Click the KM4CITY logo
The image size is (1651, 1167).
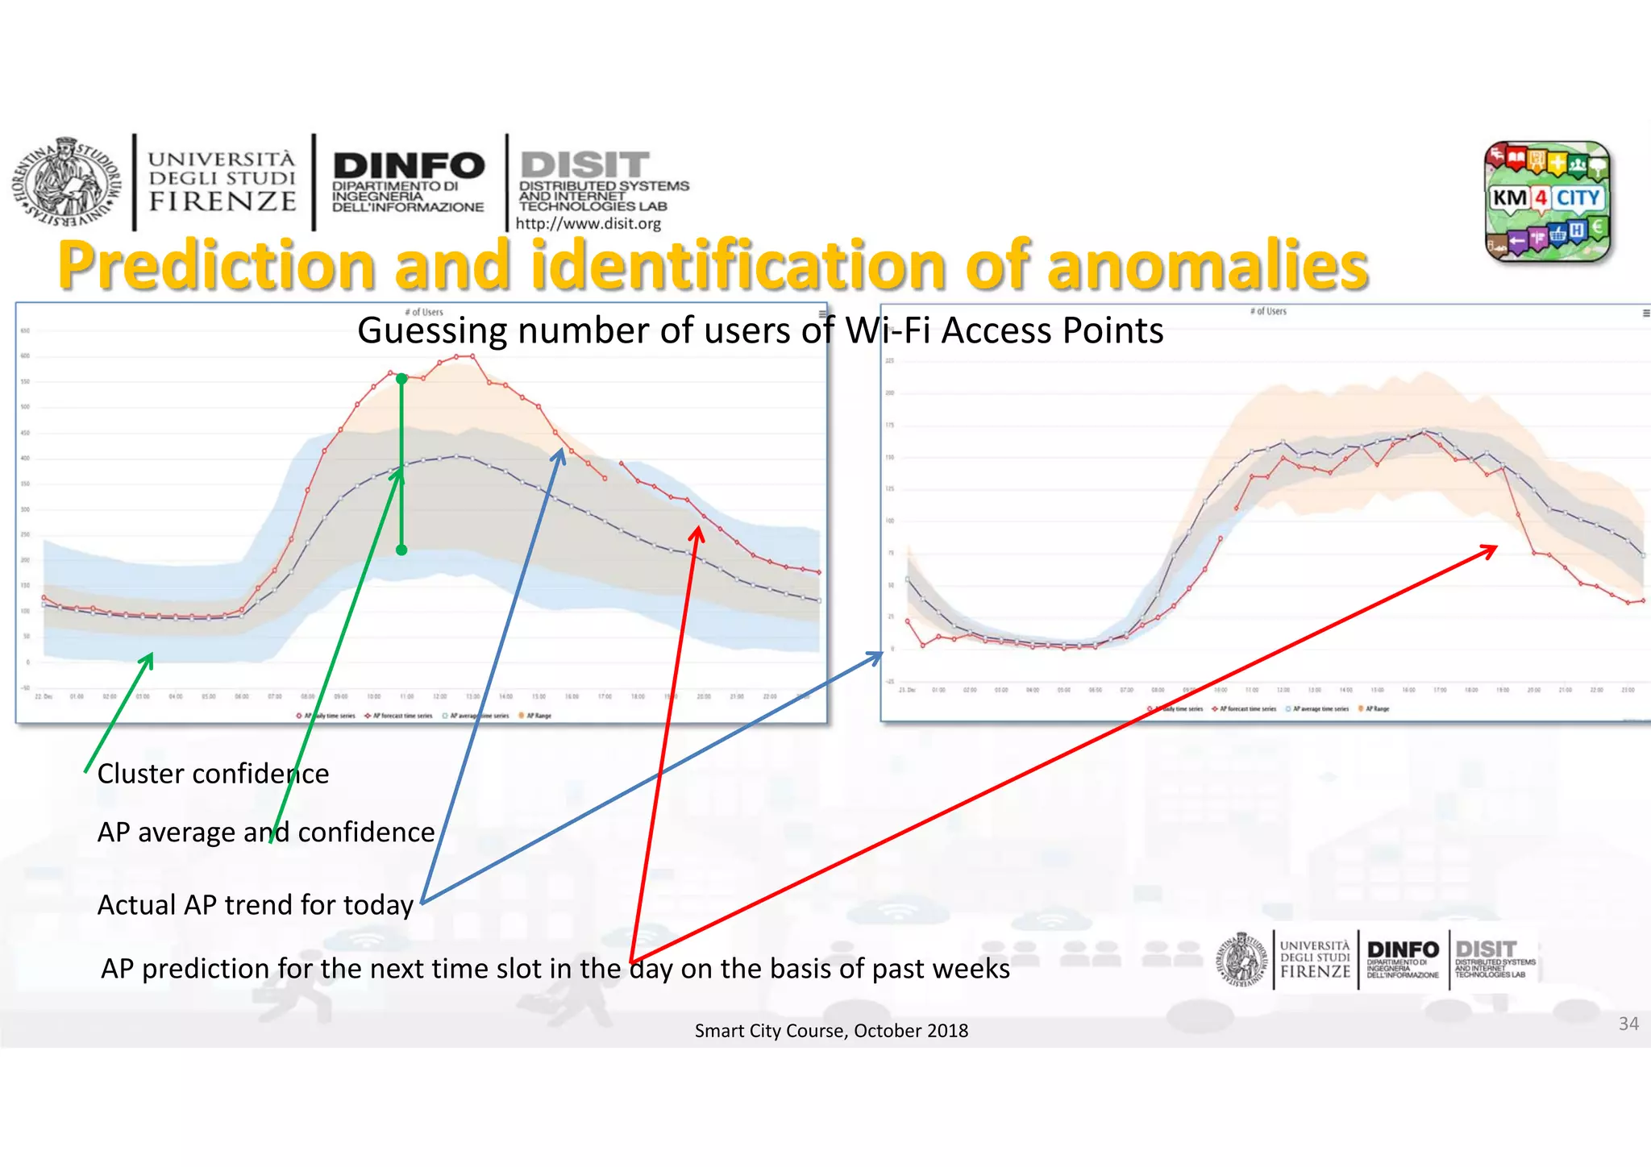[x=1547, y=201]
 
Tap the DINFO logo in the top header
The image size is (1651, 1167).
[x=408, y=181]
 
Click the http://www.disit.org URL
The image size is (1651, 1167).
[x=588, y=224]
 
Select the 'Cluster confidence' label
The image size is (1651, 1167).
[x=213, y=774]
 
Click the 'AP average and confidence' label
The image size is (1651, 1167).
[x=266, y=832]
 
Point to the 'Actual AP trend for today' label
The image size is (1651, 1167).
[x=255, y=905]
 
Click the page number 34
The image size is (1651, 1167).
[x=1628, y=1024]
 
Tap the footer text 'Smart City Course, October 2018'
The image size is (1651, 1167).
[x=831, y=1031]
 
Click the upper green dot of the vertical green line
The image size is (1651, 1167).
[x=401, y=379]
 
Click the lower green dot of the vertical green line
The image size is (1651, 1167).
[x=401, y=550]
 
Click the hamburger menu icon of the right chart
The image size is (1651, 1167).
[x=1645, y=313]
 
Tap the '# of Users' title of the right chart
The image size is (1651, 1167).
[x=1268, y=311]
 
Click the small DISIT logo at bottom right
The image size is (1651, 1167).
[x=1494, y=958]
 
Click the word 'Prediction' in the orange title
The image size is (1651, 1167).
[x=217, y=266]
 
